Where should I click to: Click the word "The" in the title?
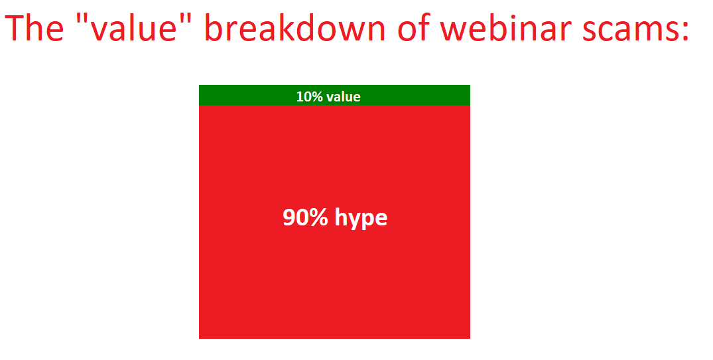pyautogui.click(x=34, y=28)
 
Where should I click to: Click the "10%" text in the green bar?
pyautogui.click(x=309, y=96)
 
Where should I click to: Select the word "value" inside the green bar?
pyautogui.click(x=344, y=96)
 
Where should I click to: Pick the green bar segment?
pyautogui.click(x=334, y=95)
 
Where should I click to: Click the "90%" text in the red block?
pyautogui.click(x=305, y=217)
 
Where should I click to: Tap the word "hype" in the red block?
pyautogui.click(x=361, y=219)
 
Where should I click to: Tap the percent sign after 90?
pyautogui.click(x=318, y=217)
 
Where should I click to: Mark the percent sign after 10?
pyautogui.click(x=316, y=96)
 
